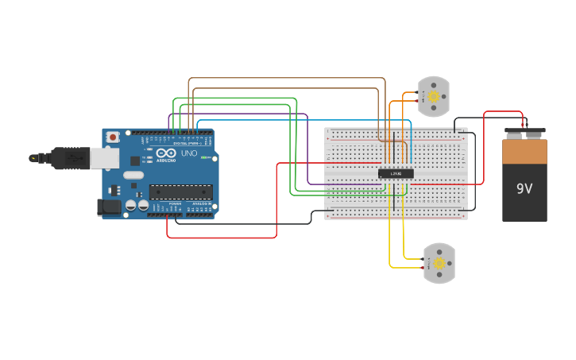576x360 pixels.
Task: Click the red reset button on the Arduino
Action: [x=113, y=137]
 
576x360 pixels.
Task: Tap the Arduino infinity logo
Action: [x=166, y=153]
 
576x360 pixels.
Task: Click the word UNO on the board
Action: [x=189, y=153]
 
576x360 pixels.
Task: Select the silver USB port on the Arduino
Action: [x=104, y=158]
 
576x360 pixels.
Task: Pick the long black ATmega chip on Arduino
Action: [x=181, y=192]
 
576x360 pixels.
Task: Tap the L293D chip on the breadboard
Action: [x=396, y=173]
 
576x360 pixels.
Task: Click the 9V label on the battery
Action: [x=524, y=189]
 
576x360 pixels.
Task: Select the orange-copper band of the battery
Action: [x=524, y=152]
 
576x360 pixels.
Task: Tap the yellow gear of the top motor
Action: [x=434, y=97]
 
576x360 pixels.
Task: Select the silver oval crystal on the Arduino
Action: [x=133, y=175]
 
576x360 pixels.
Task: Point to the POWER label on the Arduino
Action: [x=175, y=204]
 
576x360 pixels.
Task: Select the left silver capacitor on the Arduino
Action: [x=130, y=206]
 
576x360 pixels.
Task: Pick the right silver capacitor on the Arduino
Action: [x=143, y=206]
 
